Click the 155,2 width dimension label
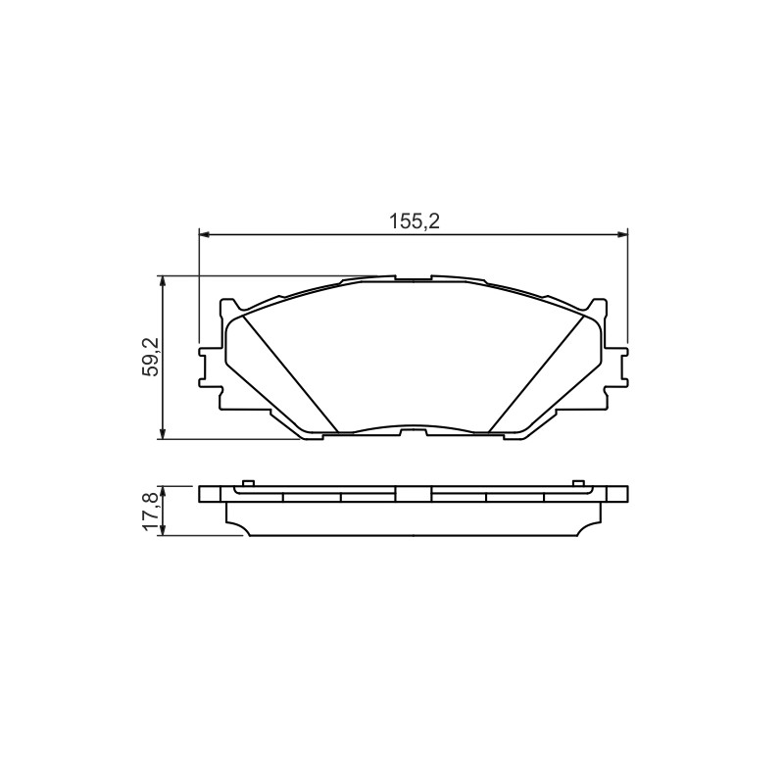415,221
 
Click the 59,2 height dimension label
151,357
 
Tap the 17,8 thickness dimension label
151,511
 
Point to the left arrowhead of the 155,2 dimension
204,233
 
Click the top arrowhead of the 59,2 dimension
162,280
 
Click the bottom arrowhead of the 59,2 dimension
162,435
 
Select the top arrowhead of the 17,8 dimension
162,490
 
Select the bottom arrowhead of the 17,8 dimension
162,531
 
